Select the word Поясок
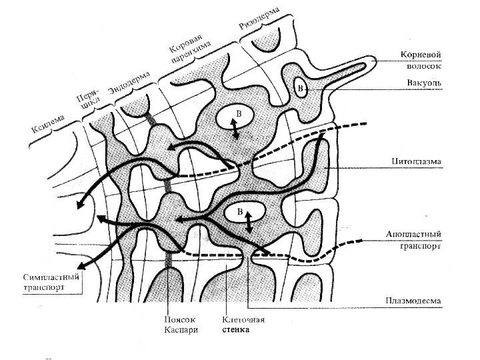(178, 318)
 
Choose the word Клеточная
(239, 318)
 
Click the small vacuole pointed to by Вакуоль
(301, 89)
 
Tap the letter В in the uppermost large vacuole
(239, 115)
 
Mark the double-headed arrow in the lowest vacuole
(249, 221)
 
